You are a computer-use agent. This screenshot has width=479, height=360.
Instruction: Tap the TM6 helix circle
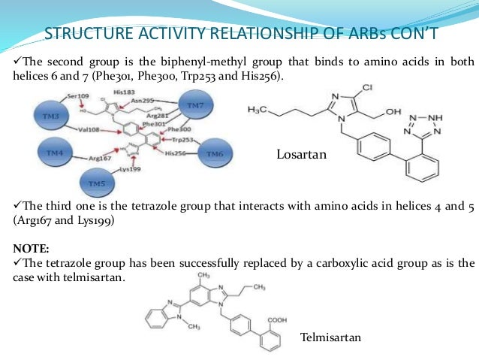[x=215, y=153]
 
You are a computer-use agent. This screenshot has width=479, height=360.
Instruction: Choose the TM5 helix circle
[x=96, y=183]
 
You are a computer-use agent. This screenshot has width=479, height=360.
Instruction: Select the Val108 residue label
[x=89, y=129]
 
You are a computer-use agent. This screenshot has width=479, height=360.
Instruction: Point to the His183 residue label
[x=124, y=91]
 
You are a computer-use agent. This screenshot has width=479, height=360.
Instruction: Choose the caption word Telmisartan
[x=330, y=337]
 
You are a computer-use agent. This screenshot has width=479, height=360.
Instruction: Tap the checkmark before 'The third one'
[x=18, y=205]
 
